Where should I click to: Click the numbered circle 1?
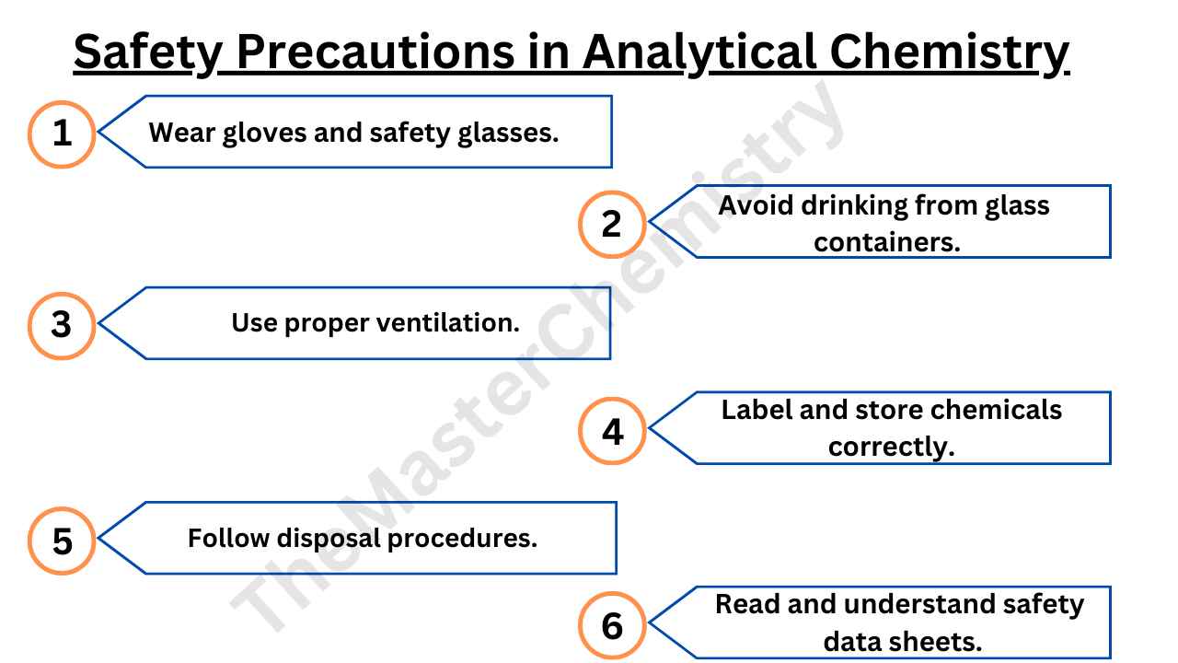point(62,134)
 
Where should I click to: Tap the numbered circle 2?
point(612,224)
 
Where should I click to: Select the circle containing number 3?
point(62,324)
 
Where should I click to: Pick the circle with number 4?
point(612,431)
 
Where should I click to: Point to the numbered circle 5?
point(62,541)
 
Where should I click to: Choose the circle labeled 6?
point(612,626)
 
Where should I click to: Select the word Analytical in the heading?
point(699,52)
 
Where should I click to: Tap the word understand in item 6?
point(921,604)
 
